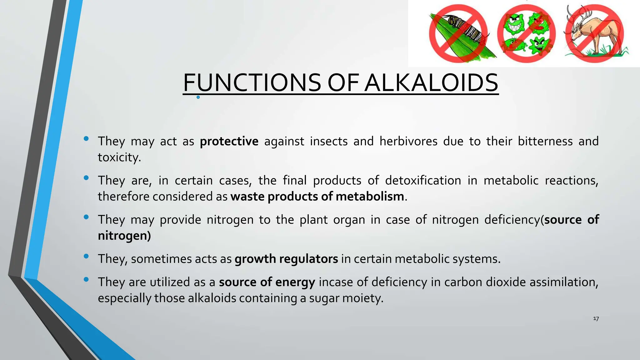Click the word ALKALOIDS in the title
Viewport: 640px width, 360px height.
pos(431,83)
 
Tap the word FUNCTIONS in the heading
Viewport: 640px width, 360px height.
pos(252,83)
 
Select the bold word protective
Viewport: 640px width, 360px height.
pos(229,141)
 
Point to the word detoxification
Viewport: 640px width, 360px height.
pos(423,181)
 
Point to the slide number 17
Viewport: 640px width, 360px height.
pos(596,319)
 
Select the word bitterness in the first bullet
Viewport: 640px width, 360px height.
pos(545,141)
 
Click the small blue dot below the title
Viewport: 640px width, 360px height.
pos(198,97)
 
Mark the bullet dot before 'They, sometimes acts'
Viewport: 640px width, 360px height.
pos(86,256)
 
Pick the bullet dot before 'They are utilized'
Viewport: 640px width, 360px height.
pos(86,279)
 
